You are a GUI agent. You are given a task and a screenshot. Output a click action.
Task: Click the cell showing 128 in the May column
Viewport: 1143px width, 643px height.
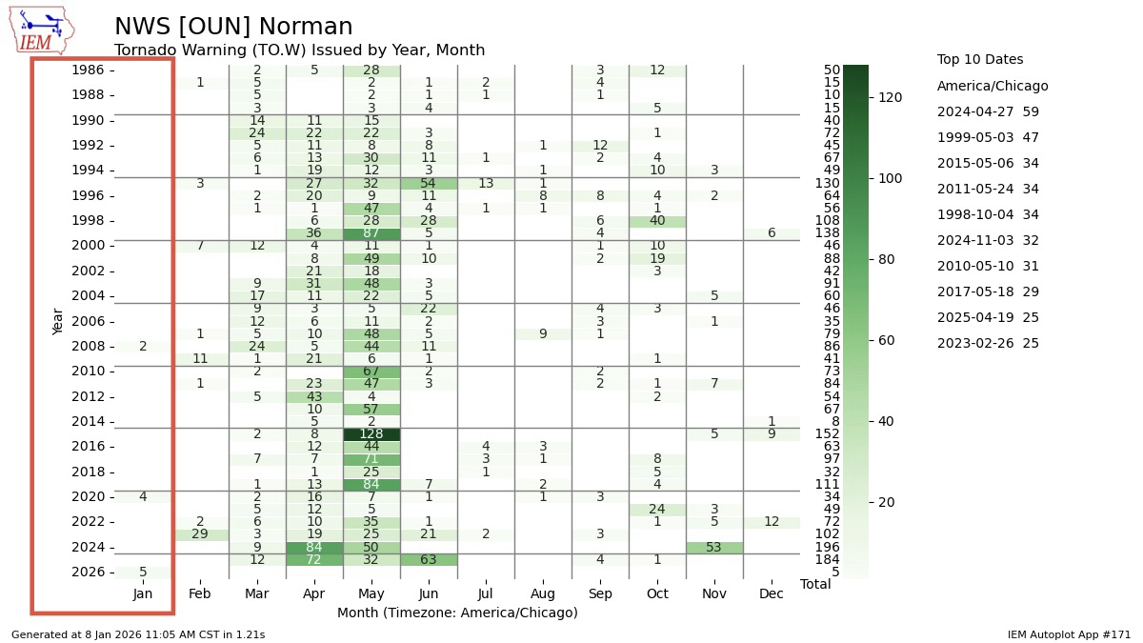pos(371,434)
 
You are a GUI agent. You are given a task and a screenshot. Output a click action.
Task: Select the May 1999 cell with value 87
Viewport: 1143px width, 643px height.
pos(371,233)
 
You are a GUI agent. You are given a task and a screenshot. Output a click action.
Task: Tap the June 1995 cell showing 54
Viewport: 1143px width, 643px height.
pos(429,183)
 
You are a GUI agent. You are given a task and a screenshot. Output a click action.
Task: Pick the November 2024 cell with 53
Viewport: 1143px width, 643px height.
pos(714,547)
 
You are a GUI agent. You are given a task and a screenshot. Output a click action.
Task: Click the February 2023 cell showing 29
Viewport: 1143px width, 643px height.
pos(200,534)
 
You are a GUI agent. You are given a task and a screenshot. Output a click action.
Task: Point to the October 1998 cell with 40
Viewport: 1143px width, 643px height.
pos(657,221)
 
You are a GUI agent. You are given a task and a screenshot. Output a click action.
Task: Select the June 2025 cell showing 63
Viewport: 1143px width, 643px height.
pos(429,559)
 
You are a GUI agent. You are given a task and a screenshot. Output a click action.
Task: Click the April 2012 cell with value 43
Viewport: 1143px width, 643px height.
pos(314,396)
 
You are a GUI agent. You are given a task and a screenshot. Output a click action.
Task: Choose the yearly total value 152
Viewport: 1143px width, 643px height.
pos(827,434)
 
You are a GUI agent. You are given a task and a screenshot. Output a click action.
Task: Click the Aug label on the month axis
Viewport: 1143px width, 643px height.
pos(543,594)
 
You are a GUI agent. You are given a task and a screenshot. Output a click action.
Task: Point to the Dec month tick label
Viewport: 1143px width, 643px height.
pos(772,594)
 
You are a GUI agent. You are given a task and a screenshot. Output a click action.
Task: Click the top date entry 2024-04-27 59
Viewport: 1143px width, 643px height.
pos(988,111)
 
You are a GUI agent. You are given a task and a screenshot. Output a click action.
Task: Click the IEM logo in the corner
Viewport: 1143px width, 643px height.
pos(41,30)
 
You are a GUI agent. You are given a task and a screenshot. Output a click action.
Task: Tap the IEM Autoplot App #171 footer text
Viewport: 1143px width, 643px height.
pos(1069,634)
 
